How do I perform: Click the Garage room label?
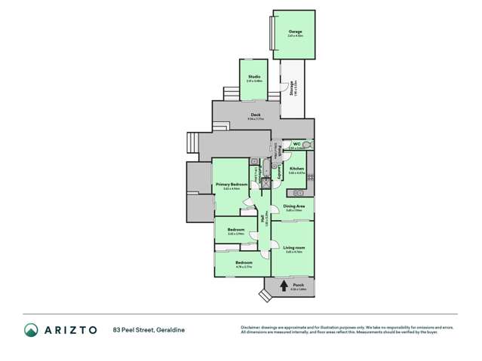(x=294, y=32)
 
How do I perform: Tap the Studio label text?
(x=255, y=77)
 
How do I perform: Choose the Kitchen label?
(x=296, y=168)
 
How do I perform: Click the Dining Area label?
(x=293, y=206)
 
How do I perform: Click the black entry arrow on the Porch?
(x=284, y=285)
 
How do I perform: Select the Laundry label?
(x=281, y=174)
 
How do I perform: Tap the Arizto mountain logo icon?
(x=31, y=329)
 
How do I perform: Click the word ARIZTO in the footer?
(x=69, y=329)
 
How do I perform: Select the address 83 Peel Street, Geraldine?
(x=149, y=329)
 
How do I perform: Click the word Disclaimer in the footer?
(x=250, y=326)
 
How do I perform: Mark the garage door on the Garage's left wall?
(x=272, y=35)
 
